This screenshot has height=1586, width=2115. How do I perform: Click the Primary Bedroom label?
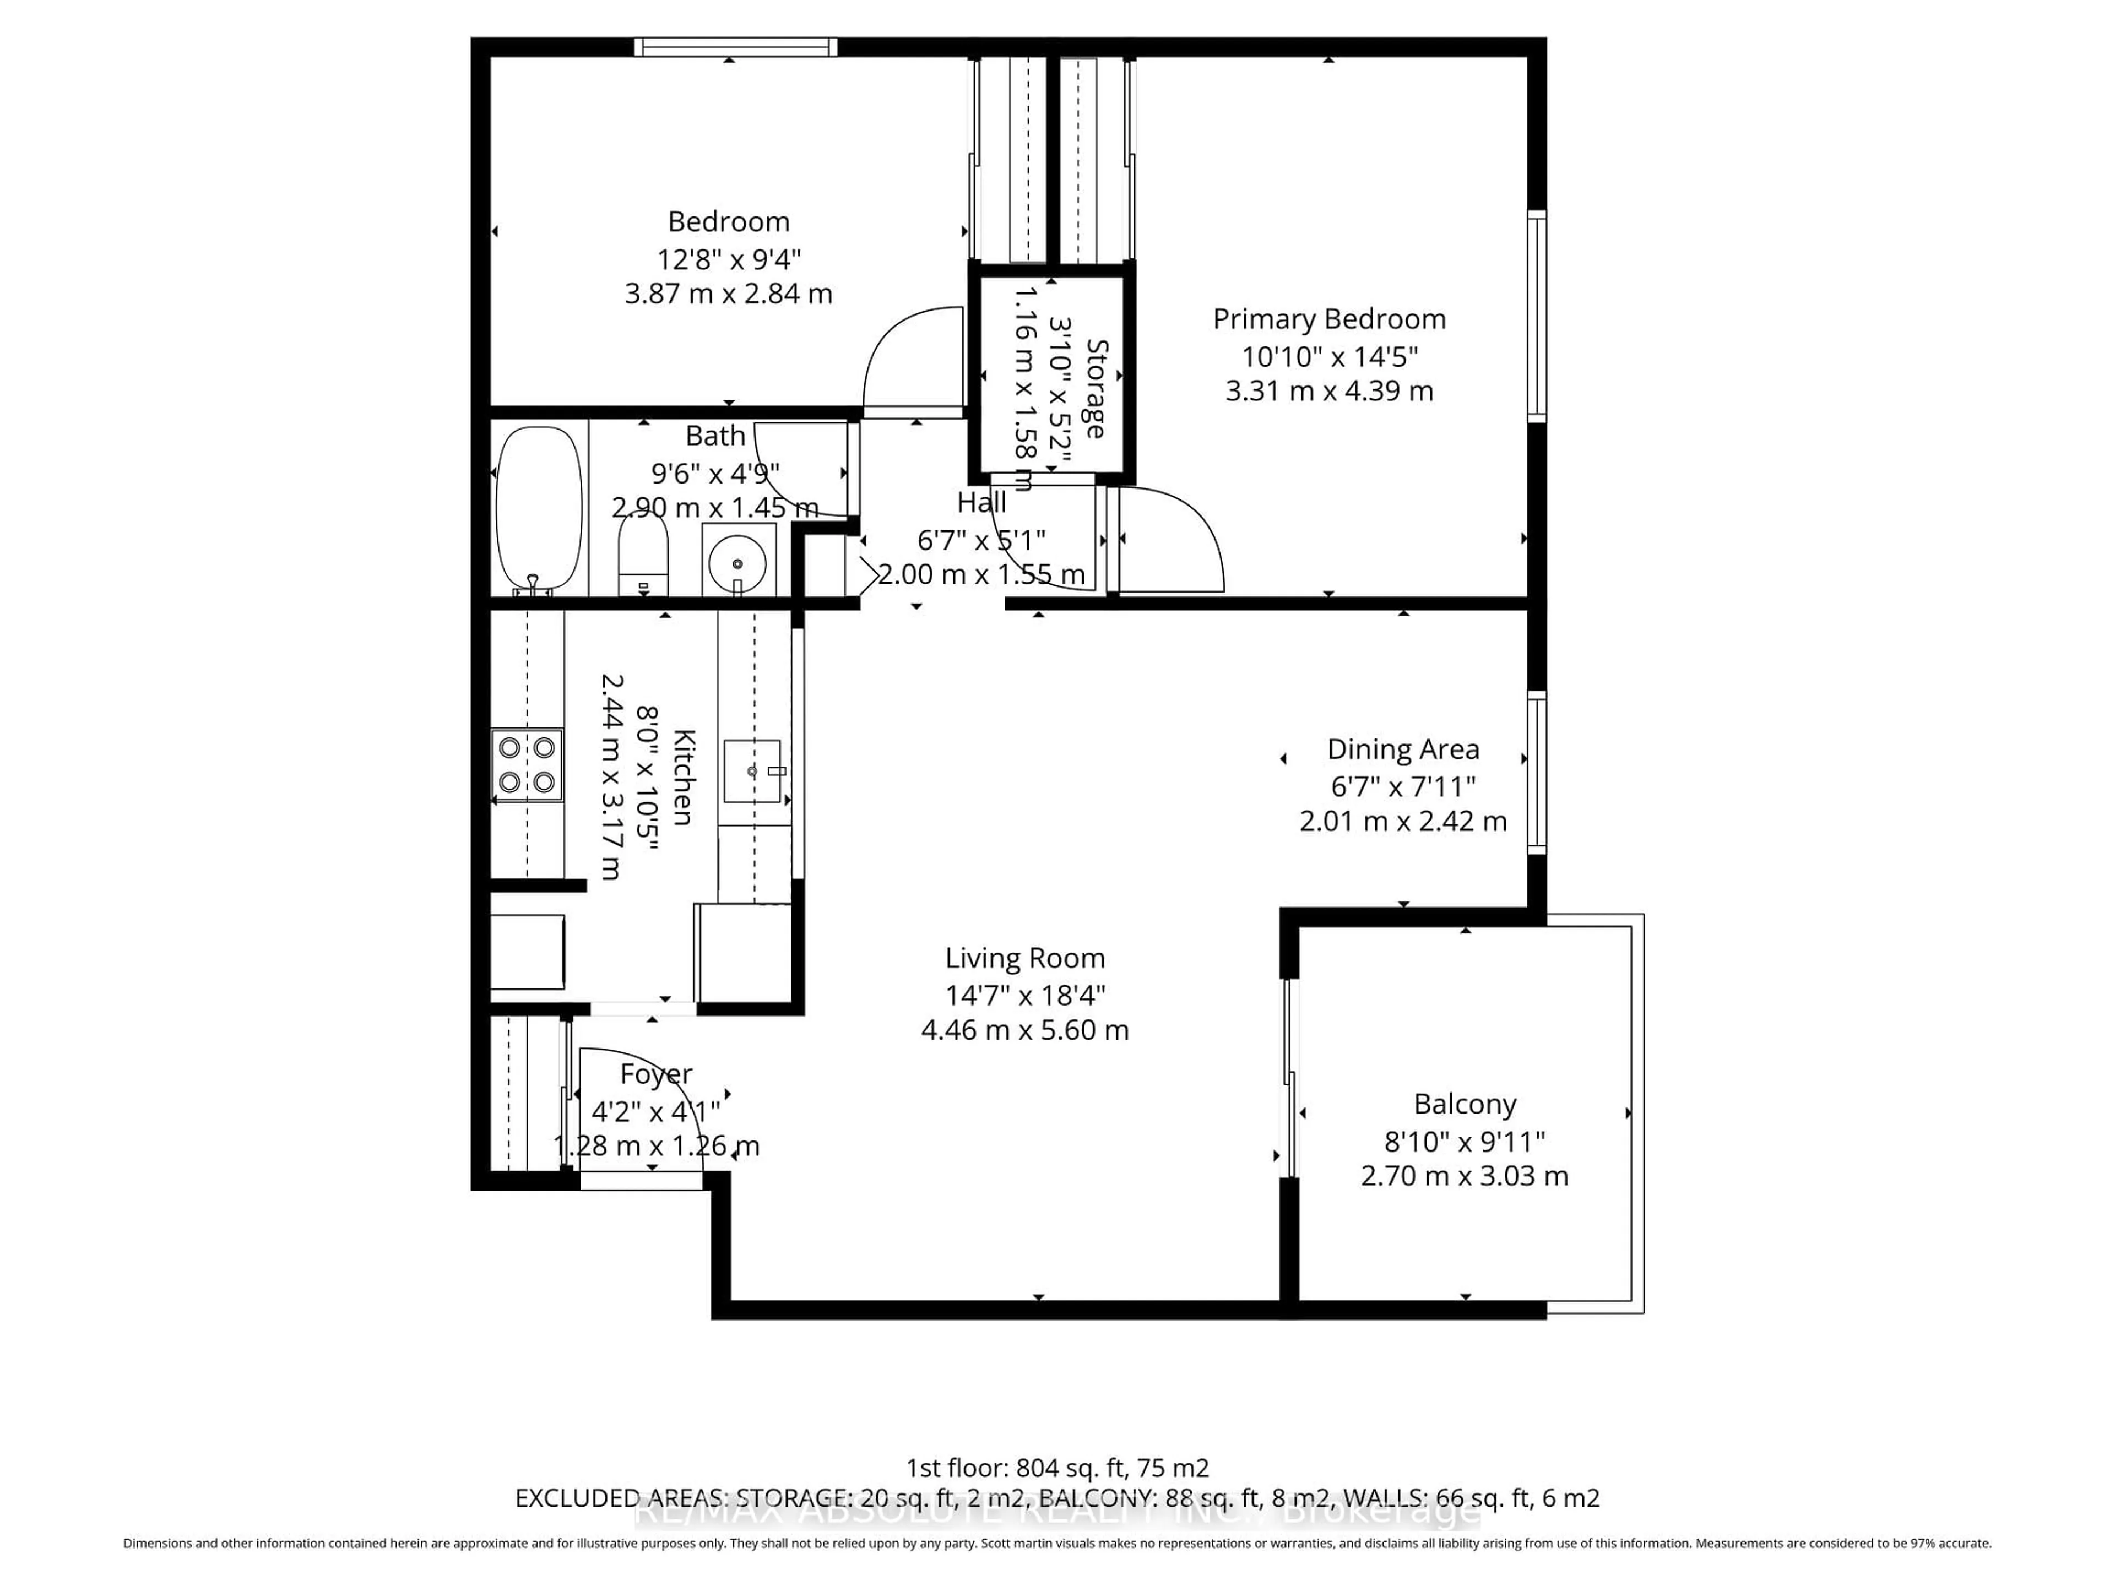[1329, 319]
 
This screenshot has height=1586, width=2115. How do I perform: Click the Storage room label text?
[1096, 389]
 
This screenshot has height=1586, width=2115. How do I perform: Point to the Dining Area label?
[1403, 749]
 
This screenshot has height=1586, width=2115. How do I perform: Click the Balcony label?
[1465, 1104]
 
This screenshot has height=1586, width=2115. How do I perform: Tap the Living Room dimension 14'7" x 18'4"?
[1025, 995]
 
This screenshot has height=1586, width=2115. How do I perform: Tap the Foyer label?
[656, 1074]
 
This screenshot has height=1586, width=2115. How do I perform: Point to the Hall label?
[982, 503]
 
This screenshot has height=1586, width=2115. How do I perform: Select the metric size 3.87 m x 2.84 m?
[729, 294]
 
